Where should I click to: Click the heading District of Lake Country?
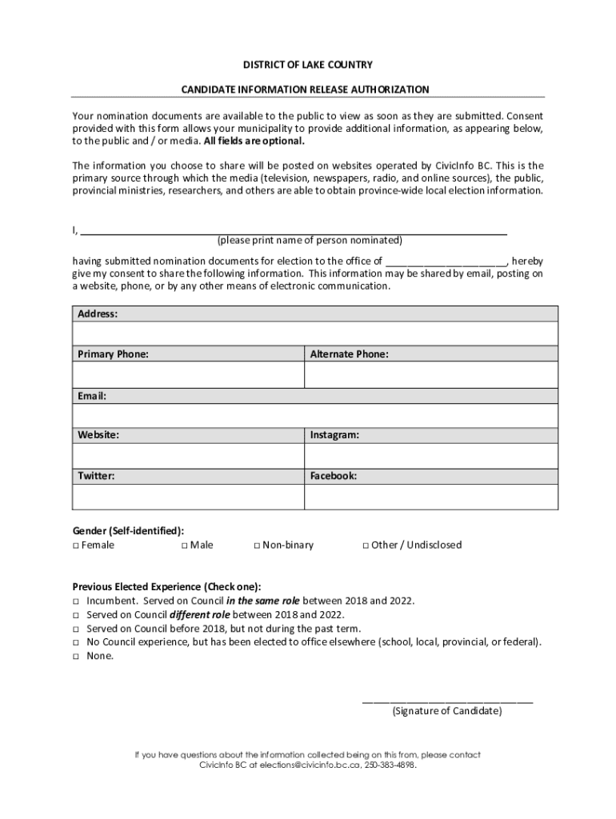[308, 64]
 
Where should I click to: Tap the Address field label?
[98, 314]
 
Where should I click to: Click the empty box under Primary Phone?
[188, 374]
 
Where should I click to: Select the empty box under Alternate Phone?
[430, 374]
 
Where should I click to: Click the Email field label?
[92, 396]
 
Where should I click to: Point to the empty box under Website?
[188, 456]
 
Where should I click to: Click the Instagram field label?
[334, 435]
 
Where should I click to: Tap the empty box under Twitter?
[188, 497]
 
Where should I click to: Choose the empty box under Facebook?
[430, 497]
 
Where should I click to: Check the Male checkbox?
[184, 545]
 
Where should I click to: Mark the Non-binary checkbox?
[257, 545]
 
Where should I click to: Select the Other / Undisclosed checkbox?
[365, 545]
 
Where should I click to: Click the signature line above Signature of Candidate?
[447, 701]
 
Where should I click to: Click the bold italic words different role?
[200, 614]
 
